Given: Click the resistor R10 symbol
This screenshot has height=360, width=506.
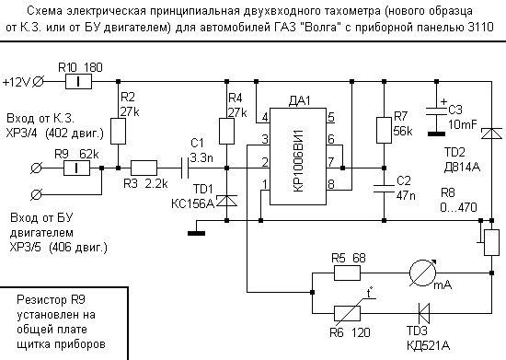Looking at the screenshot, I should [81, 81].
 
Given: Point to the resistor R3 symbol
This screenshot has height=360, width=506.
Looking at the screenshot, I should [144, 168].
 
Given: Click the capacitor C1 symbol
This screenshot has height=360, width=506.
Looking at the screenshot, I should [191, 168].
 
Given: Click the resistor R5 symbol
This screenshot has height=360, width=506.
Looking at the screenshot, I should [347, 273].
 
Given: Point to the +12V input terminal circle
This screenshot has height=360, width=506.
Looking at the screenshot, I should [39, 81].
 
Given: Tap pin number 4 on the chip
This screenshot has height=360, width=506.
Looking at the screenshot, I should [265, 117].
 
